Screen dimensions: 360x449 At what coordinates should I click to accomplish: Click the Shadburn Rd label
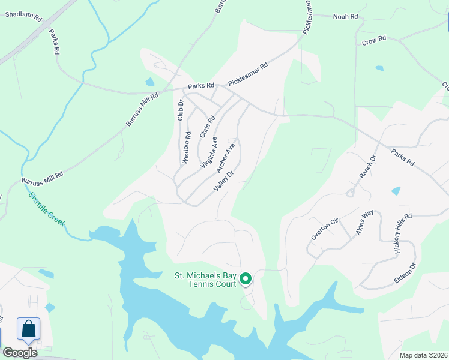[23, 16]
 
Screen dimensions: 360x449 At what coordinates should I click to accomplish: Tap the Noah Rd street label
[345, 17]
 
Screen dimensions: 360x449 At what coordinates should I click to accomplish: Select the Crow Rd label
[373, 41]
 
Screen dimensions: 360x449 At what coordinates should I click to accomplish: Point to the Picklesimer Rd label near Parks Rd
[247, 75]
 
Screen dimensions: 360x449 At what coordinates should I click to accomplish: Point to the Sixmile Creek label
[46, 209]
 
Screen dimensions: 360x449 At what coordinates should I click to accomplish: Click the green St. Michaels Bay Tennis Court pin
[246, 279]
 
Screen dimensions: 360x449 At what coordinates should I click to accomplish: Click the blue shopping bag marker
[28, 329]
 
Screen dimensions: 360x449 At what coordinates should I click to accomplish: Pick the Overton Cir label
[325, 229]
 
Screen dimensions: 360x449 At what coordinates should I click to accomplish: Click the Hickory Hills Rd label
[403, 235]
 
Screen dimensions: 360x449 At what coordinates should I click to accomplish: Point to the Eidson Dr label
[405, 273]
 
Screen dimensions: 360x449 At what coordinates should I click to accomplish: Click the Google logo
[20, 353]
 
